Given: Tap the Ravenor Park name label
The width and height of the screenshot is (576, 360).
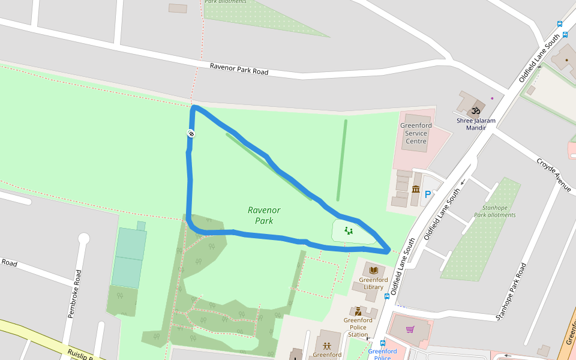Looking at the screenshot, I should click(264, 215).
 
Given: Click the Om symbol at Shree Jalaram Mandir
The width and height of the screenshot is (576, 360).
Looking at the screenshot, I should click(476, 110).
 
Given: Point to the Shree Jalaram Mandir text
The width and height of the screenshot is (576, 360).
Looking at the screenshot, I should click(476, 124).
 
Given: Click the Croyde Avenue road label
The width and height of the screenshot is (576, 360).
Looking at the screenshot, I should click(553, 175).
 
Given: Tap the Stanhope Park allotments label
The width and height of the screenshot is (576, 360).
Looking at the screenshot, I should click(494, 211).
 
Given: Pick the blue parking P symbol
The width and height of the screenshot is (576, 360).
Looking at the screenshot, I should click(428, 194).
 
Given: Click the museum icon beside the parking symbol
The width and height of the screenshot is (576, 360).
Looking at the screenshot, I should click(416, 190).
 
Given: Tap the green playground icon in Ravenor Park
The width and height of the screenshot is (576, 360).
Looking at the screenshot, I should click(348, 229).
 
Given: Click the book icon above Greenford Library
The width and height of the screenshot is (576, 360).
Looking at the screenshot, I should click(374, 271).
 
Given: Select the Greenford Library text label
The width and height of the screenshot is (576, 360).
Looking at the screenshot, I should click(373, 283).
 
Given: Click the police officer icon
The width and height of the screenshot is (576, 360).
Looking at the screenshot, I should click(358, 311).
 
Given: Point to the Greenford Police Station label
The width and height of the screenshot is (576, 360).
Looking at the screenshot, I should click(358, 327).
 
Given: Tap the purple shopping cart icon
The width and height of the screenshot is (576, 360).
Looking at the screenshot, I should click(410, 329).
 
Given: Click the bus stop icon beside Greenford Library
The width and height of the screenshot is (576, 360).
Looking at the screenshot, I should click(387, 296).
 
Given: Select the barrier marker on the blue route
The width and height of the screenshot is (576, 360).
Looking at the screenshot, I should click(191, 133).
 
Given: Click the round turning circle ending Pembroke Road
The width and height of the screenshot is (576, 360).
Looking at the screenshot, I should click(83, 239).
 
